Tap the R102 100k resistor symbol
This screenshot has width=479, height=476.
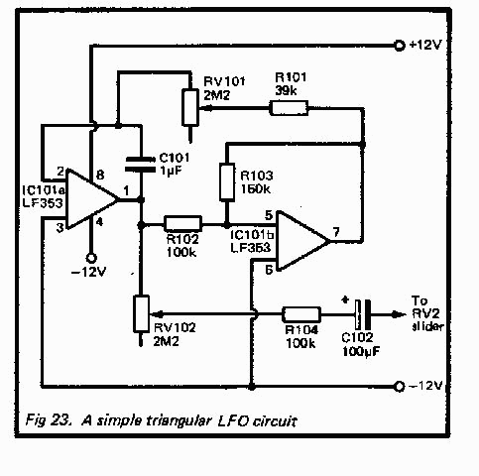point(182,223)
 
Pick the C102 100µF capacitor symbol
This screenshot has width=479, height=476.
point(364,310)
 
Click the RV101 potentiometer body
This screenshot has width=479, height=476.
point(187,105)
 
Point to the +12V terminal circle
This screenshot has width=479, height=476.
point(400,45)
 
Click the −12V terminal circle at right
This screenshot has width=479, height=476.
point(400,385)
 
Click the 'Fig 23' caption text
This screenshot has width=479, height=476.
point(46,420)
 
